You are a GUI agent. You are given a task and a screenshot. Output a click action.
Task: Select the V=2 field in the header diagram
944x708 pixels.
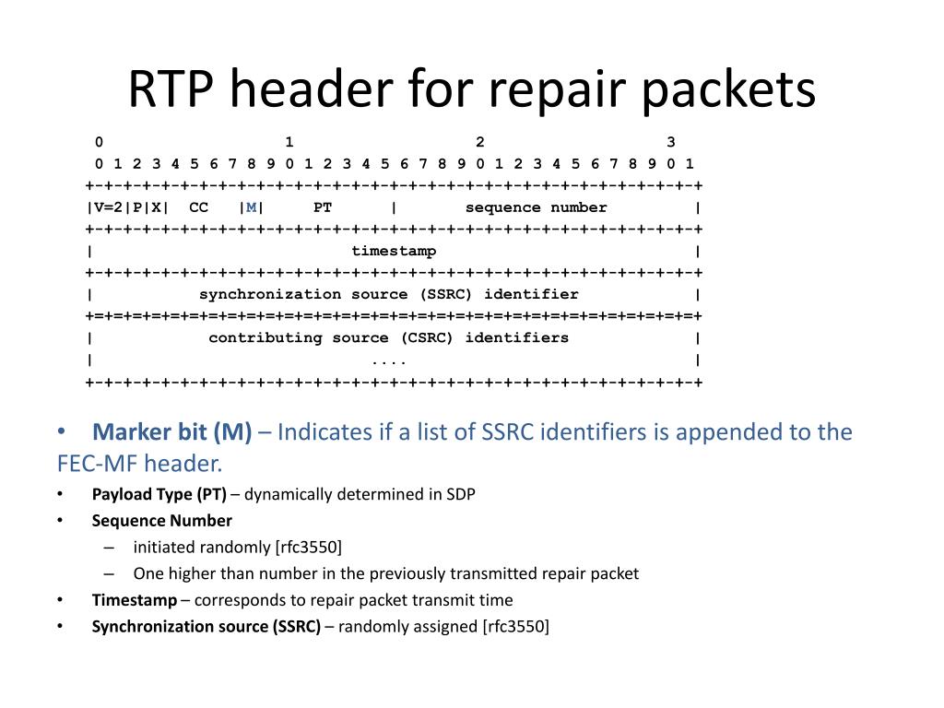click(x=110, y=207)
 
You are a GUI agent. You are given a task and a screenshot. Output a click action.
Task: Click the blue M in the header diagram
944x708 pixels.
click(x=250, y=207)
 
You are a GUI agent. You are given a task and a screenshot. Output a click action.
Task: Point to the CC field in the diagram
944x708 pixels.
click(x=198, y=207)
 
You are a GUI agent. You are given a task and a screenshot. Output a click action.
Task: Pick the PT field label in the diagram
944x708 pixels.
click(x=322, y=207)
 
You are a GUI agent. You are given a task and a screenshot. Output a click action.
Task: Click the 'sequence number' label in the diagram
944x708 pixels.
click(x=536, y=207)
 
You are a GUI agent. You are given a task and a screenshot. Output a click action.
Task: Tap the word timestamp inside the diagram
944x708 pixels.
click(x=394, y=251)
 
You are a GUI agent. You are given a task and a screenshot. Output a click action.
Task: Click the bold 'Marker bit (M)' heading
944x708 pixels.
click(x=172, y=432)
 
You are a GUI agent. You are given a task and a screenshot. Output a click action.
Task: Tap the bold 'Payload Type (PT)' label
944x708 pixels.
click(x=159, y=494)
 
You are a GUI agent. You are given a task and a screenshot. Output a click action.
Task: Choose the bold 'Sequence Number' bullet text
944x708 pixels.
click(x=161, y=520)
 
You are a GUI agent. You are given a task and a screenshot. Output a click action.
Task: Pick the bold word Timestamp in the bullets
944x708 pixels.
click(x=135, y=600)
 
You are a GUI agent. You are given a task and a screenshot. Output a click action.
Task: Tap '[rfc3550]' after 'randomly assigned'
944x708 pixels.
click(x=515, y=627)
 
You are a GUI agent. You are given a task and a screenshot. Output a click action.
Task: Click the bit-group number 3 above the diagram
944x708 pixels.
click(x=671, y=142)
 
